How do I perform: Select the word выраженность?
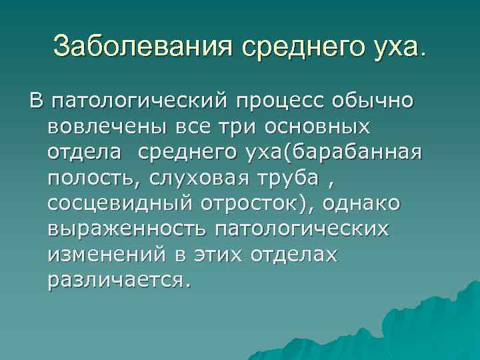(127, 229)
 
